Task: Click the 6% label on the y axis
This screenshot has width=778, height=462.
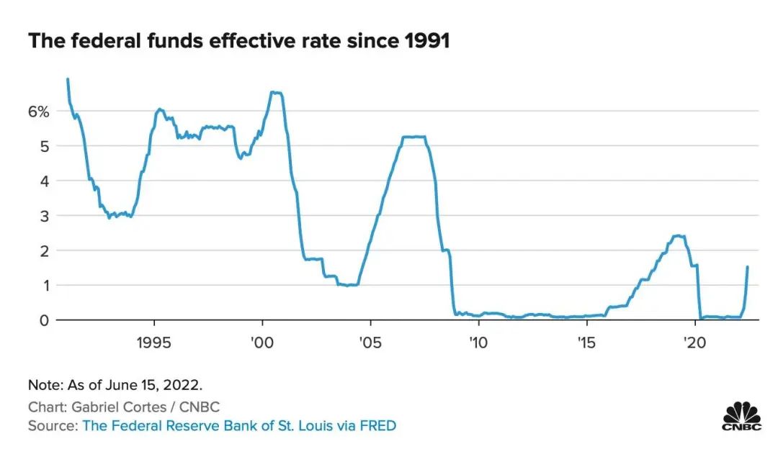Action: [38, 112]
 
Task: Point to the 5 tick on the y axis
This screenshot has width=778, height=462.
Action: [44, 146]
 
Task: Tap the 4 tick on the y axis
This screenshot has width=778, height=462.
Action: [44, 181]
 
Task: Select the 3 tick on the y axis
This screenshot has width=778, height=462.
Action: [44, 216]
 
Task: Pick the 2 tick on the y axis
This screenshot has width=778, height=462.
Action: [44, 250]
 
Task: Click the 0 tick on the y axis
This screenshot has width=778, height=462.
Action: [44, 320]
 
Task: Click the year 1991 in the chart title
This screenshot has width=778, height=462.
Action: [426, 41]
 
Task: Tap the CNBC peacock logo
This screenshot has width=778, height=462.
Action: [742, 416]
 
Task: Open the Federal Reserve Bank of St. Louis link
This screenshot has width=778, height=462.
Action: [239, 426]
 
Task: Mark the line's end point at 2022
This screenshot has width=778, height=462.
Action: [748, 267]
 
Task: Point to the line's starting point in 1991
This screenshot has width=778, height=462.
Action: [68, 79]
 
